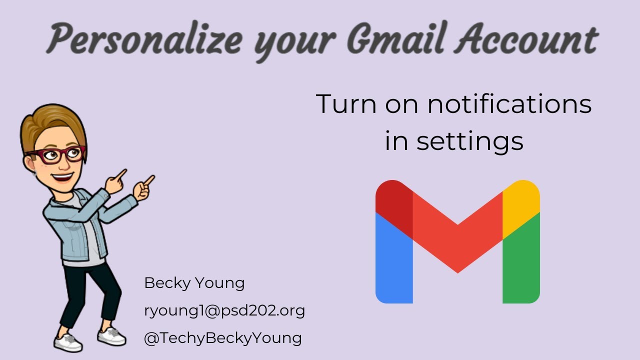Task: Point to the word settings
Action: coord(470,141)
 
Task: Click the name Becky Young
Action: coord(194,283)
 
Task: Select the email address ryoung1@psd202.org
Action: coord(224,310)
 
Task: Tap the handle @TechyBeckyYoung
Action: coord(222,338)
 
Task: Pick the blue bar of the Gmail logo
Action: coord(394,265)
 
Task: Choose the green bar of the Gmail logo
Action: coord(521,265)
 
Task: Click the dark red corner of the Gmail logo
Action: coord(394,202)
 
